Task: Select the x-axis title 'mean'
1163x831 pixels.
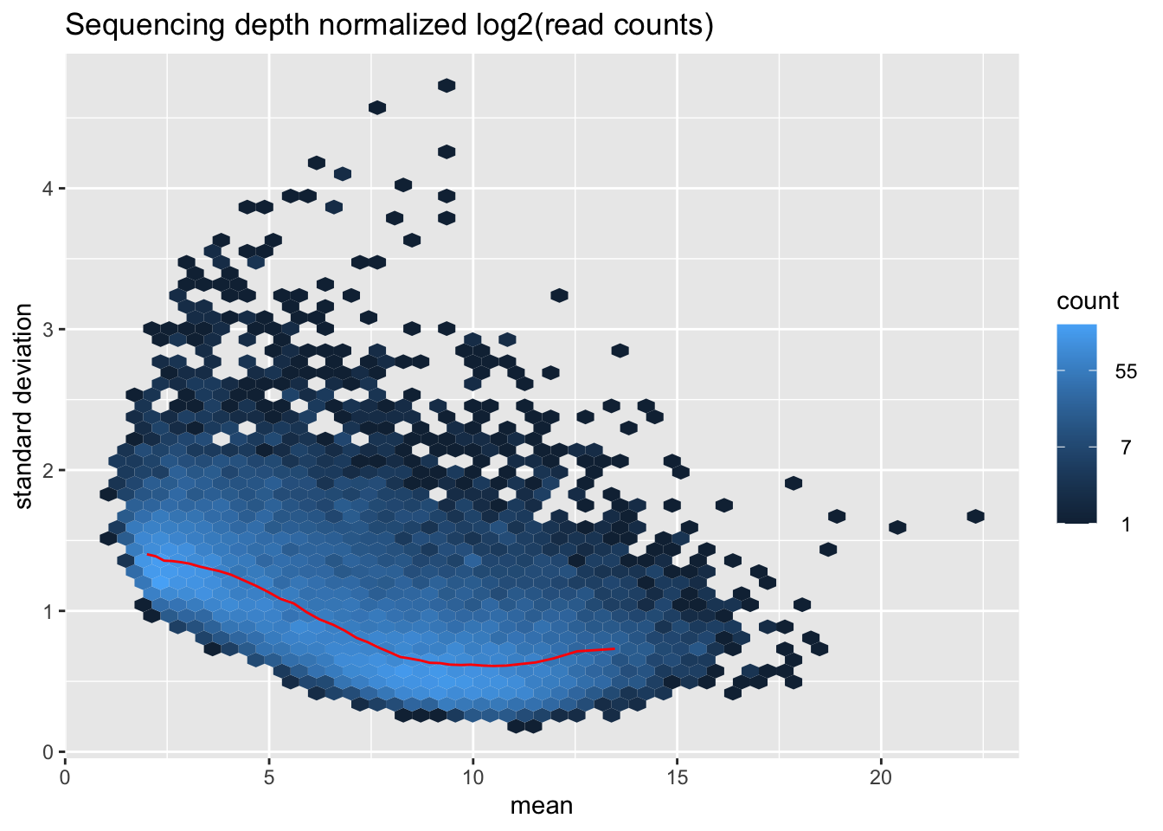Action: click(x=542, y=806)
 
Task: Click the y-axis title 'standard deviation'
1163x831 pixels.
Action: click(x=24, y=406)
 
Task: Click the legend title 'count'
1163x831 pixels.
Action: click(x=1088, y=301)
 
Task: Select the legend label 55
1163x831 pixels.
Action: click(x=1126, y=373)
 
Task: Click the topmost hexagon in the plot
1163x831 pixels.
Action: click(x=447, y=85)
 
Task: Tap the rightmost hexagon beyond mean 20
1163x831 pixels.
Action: click(x=975, y=516)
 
